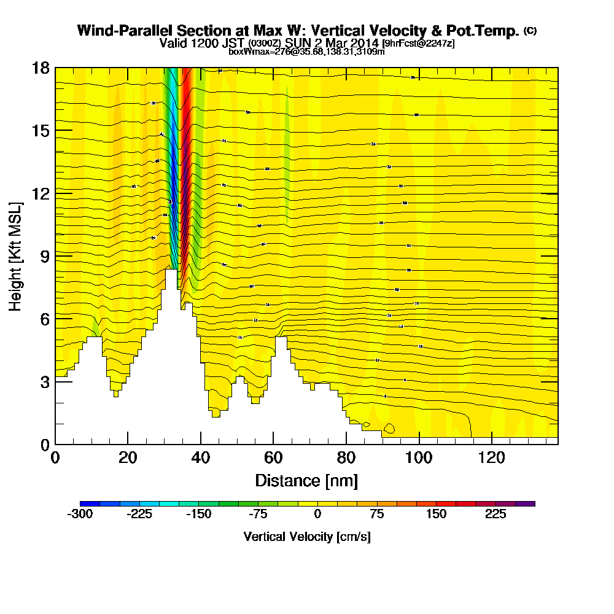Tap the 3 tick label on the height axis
45,382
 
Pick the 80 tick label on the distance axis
346,458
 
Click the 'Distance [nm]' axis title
306,480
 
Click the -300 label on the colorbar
80,515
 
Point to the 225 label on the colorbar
495,515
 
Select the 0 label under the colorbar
317,515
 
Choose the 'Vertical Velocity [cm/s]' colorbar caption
306,537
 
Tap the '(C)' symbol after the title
530,31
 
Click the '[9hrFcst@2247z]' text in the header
418,44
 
